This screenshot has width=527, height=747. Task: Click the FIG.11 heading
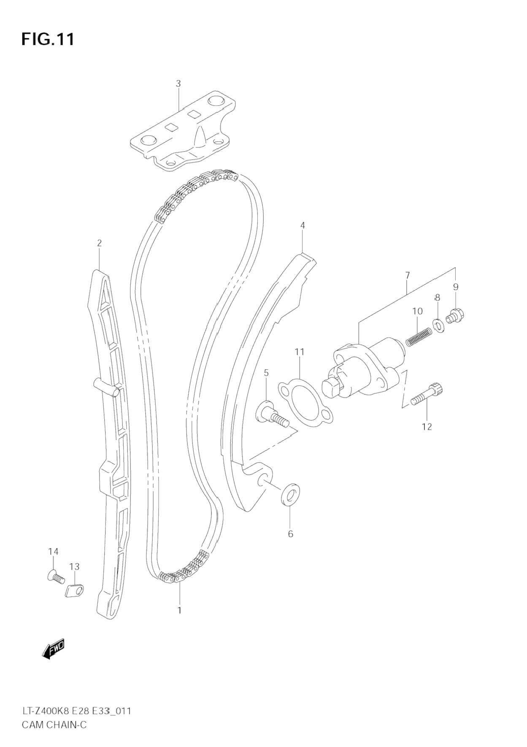pyautogui.click(x=48, y=39)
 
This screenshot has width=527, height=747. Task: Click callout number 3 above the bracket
pyautogui.click(x=178, y=84)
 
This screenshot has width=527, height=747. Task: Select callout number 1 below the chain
pyautogui.click(x=179, y=610)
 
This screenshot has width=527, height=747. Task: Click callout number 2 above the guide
pyautogui.click(x=99, y=243)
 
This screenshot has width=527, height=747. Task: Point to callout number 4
pyautogui.click(x=303, y=225)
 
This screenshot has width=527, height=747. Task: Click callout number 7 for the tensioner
pyautogui.click(x=407, y=275)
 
